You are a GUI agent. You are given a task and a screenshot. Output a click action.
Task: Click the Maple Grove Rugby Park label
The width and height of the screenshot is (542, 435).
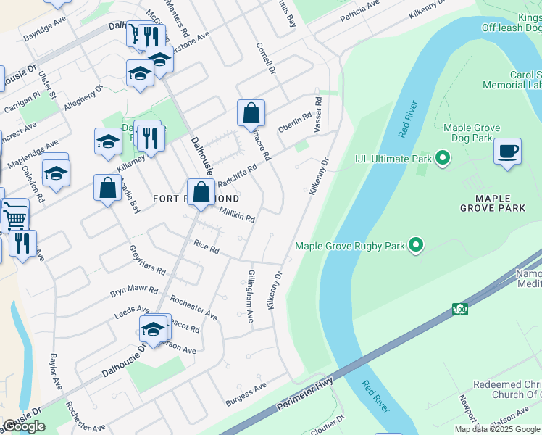point(349,246)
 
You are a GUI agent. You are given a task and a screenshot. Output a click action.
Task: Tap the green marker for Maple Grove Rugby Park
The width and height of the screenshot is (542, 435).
point(415,246)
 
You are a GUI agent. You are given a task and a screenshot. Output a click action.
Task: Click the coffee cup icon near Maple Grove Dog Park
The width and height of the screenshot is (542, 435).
point(508,152)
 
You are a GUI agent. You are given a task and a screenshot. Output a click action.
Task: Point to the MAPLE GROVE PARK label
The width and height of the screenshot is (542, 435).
point(493,203)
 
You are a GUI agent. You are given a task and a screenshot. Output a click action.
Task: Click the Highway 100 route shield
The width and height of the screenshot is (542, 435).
point(459,310)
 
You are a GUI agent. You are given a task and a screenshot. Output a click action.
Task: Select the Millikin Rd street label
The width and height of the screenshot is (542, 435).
point(237,214)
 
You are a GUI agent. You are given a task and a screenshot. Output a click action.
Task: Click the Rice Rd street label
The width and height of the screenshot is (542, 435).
point(206,246)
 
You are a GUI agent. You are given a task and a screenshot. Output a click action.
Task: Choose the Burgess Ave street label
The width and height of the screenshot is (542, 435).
point(245,396)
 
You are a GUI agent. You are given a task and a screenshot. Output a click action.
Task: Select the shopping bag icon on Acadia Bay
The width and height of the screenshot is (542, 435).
point(107,188)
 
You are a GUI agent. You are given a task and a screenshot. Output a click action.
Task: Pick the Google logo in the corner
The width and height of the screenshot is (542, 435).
point(24,426)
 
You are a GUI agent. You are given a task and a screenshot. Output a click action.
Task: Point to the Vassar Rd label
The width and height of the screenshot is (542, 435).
point(317,113)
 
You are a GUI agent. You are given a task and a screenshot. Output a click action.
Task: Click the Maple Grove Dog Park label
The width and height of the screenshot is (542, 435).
point(472,133)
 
